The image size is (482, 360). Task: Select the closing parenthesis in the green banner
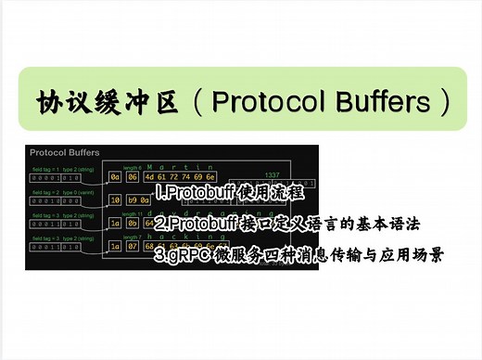tap(445, 100)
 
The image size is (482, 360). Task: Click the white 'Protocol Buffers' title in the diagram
tap(64, 151)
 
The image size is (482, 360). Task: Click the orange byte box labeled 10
tap(116, 199)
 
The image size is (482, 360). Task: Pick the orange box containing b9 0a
tap(138, 199)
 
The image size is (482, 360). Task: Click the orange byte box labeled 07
tap(133, 246)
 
